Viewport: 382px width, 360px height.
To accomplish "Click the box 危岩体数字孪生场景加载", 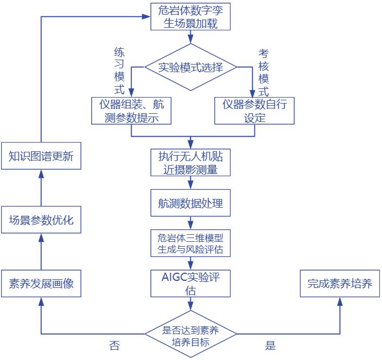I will coord(190,16).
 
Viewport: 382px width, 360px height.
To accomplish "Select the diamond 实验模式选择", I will coord(190,67).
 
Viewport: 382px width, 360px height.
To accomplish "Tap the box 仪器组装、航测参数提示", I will coord(132,111).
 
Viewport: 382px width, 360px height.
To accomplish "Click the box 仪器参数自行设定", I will coord(254,111).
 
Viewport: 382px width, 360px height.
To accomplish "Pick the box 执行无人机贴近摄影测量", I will coord(190,163).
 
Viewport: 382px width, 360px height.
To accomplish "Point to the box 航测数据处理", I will coord(190,204).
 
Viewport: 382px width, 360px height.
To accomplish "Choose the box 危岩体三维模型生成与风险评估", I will coord(190,243).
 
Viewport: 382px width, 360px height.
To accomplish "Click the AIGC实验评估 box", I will coord(190,284).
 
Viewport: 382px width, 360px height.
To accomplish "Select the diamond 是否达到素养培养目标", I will coord(190,336).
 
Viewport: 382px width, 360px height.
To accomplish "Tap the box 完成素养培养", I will coord(340,283).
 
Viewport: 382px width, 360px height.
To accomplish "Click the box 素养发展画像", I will coord(41,284).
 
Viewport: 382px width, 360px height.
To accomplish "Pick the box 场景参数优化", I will coord(41,220).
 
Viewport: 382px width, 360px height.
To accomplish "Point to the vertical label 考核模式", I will coord(263,73).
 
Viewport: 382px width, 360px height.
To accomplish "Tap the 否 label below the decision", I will coord(114,345).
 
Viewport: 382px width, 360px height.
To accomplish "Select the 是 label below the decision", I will coord(270,345).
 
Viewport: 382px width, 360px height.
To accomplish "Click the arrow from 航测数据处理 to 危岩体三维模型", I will coord(190,223).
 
